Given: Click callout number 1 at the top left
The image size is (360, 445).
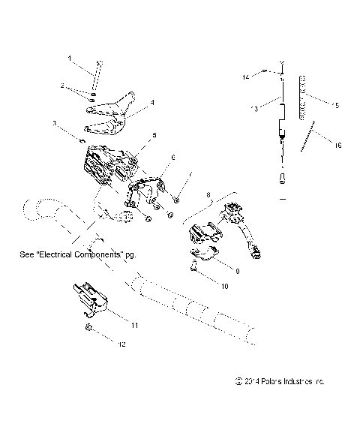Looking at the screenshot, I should click(70, 58).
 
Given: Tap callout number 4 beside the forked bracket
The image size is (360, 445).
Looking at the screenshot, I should click(152, 101).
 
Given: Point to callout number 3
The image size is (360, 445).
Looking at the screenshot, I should click(54, 122).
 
